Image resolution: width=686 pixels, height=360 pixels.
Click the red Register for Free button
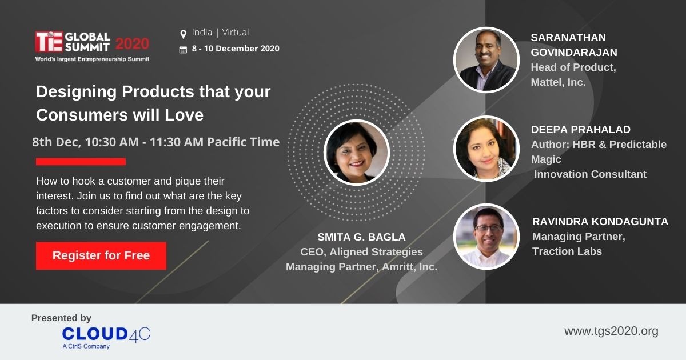[x=101, y=256]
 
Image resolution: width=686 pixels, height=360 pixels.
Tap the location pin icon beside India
[x=183, y=34]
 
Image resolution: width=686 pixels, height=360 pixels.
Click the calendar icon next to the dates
[x=183, y=49]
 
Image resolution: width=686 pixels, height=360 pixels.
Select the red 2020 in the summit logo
[x=132, y=44]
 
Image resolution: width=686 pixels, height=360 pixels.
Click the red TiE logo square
[x=49, y=41]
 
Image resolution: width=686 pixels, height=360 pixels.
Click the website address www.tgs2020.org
[x=611, y=331]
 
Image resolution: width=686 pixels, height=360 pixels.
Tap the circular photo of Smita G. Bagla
[x=357, y=152]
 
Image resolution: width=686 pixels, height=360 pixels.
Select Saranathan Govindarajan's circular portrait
[x=486, y=59]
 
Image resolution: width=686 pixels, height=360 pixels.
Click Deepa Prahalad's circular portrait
[x=486, y=149]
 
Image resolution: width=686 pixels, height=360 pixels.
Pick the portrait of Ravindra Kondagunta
[x=486, y=237]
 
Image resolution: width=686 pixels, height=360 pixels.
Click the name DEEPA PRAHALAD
[x=581, y=130]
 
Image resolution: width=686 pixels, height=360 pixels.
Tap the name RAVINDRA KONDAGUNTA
[x=600, y=221]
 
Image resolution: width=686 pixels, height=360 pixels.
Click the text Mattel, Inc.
[x=558, y=82]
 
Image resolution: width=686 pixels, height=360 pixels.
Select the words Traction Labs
[x=567, y=251]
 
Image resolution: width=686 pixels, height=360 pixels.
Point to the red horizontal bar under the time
[x=81, y=162]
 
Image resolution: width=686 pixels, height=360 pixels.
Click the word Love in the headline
[x=184, y=115]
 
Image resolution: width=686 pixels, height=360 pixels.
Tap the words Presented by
[x=61, y=318]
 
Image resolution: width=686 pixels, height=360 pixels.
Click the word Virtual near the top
[x=235, y=32]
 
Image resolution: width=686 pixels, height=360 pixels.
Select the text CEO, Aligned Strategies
[x=361, y=252]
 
